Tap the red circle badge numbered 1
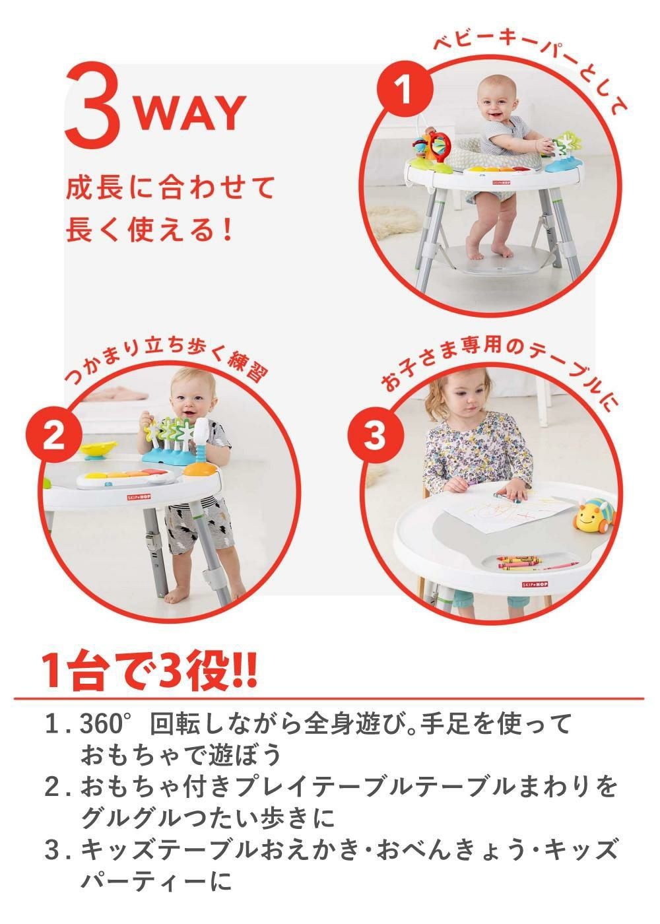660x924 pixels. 405,90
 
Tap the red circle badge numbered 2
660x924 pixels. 53,436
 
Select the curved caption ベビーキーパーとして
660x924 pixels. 528,63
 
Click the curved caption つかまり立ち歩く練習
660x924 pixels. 165,362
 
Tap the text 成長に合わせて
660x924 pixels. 170,188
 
